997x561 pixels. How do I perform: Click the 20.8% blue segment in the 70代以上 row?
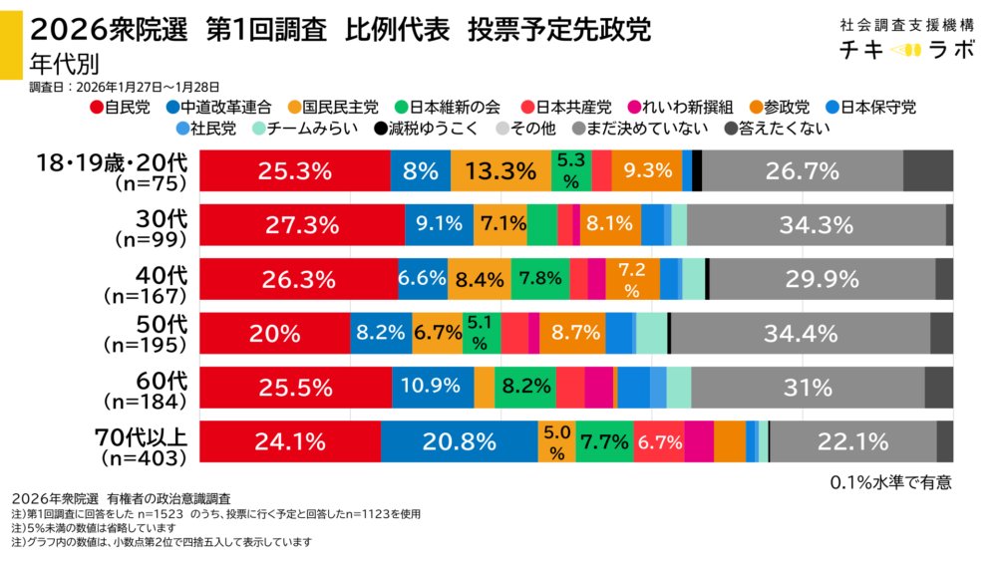coord(459,441)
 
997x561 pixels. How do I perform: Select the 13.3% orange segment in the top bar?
coord(499,170)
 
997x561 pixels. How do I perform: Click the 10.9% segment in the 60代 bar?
coord(433,387)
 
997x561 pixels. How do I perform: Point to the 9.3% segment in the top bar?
coord(647,170)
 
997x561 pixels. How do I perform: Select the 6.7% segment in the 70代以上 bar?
coord(658,441)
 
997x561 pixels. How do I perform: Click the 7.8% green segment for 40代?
coord(540,278)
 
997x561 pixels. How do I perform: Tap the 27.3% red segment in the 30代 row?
coord(303,224)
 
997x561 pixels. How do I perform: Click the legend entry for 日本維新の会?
coord(452,108)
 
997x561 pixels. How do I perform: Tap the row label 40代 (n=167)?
coord(148,278)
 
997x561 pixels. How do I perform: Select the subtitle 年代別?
coord(62,62)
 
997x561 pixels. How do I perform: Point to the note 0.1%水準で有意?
coord(890,482)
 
